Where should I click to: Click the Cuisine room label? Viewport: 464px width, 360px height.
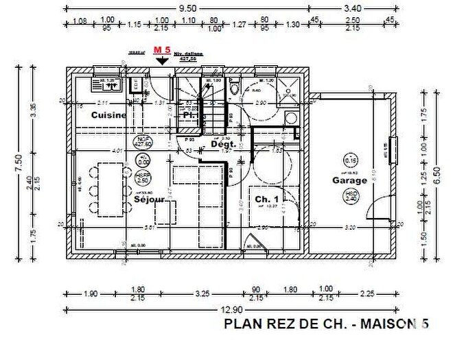pos(108,115)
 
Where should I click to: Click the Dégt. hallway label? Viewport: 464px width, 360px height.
pos(224,145)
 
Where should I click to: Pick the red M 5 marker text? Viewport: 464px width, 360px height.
pos(162,50)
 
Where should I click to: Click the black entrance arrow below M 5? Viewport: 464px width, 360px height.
pos(162,60)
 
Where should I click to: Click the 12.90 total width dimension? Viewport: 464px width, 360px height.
pos(232,310)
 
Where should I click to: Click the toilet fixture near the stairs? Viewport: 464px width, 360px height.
pos(235,88)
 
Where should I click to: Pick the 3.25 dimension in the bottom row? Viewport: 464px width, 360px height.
pos(202,293)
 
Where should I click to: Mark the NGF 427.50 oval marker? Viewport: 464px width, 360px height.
pos(143,142)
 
